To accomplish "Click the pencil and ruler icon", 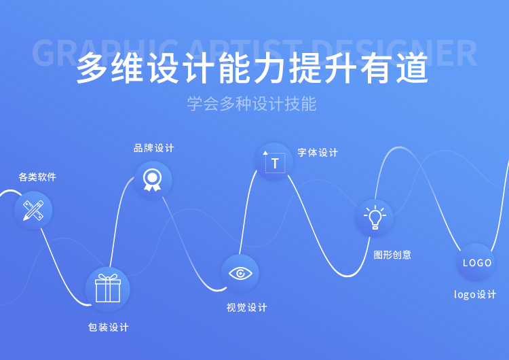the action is (x=33, y=211).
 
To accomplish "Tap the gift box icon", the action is (x=108, y=288).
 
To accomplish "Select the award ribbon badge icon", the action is (x=152, y=180).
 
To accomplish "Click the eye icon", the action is (x=240, y=273).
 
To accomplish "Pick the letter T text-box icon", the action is (x=274, y=162).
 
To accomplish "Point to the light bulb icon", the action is (x=375, y=217).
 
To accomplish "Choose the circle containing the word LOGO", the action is (x=476, y=262).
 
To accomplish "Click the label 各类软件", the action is (x=37, y=177).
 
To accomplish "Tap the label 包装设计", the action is (x=109, y=327).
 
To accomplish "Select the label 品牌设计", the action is (x=154, y=148).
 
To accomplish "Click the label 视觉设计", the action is (x=247, y=308).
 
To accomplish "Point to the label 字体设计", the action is (x=318, y=152).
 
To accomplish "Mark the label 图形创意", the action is (x=392, y=255).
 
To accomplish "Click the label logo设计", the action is (x=475, y=294).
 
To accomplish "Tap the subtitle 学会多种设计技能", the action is (x=252, y=104).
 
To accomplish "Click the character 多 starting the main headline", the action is (x=92, y=68).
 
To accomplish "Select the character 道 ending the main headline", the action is (x=412, y=68).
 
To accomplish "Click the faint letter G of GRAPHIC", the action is (x=43, y=53).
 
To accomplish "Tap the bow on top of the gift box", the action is (x=108, y=277).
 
